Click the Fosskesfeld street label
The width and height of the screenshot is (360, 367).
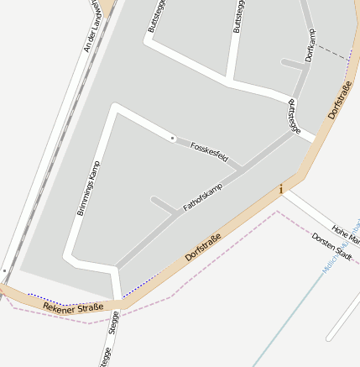coord(209,152)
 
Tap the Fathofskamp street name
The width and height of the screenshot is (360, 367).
coord(206,192)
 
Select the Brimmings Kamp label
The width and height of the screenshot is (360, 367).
coord(88,187)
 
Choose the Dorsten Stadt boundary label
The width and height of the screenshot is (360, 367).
coord(331,244)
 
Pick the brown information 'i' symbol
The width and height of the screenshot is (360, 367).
coord(281,190)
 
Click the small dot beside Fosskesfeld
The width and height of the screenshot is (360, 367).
coord(173,137)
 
